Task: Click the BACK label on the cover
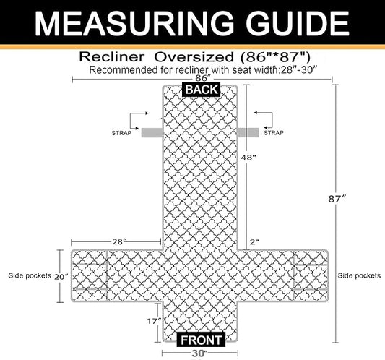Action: tap(202, 90)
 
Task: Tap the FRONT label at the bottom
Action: tap(201, 340)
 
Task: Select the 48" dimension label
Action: tap(248, 158)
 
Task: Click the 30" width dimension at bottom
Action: tap(199, 353)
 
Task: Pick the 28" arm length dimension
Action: tap(119, 242)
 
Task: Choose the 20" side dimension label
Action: tap(61, 277)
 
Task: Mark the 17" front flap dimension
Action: tap(154, 321)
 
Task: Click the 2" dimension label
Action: tap(254, 242)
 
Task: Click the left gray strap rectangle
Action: tap(152, 133)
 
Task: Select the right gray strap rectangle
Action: tap(248, 133)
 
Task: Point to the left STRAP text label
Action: tap(121, 133)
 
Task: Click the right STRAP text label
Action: tap(274, 133)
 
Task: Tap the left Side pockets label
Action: tap(30, 275)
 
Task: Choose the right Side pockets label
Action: tap(359, 275)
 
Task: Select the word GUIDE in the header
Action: tap(298, 24)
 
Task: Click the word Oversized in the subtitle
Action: tap(194, 57)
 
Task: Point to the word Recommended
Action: tap(124, 70)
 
